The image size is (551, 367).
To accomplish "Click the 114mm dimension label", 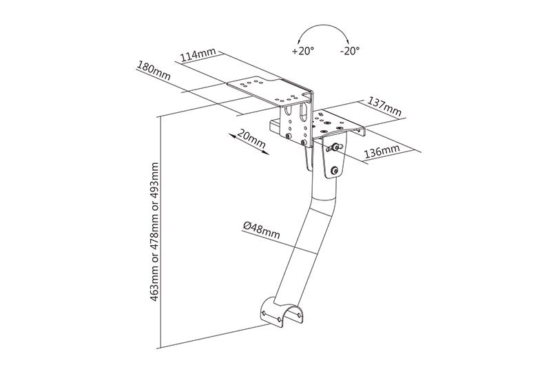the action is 198,55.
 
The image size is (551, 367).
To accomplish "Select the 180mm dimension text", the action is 154,71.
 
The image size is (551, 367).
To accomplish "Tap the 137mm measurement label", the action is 384,106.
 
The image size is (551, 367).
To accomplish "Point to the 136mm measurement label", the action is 382,151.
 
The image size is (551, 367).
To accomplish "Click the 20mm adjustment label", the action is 251,138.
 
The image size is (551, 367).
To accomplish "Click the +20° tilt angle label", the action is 303,51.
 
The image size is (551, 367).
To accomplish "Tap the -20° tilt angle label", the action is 350,51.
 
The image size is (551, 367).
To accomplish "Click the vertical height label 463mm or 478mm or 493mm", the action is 154,232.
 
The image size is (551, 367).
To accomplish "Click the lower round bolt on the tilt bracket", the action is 334,171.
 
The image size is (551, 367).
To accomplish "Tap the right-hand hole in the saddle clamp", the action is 299,315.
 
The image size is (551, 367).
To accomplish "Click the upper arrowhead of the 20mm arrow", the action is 231,136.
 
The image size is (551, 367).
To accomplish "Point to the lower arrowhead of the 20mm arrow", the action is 266,152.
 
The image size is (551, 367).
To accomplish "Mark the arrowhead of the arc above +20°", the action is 300,41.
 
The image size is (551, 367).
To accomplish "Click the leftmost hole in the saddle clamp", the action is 264,312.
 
